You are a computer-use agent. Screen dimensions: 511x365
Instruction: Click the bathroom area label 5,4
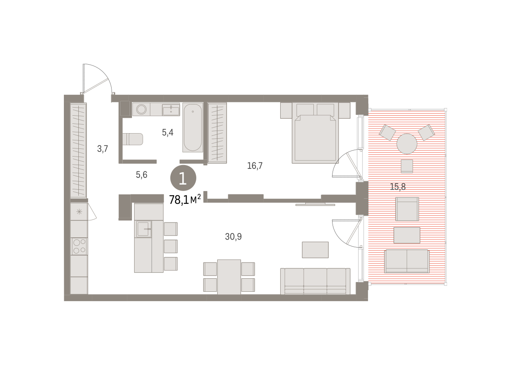(168, 132)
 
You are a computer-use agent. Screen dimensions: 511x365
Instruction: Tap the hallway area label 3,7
(103, 149)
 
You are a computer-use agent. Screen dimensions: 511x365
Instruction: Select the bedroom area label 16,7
(255, 165)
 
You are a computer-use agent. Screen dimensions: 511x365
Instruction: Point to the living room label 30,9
(233, 237)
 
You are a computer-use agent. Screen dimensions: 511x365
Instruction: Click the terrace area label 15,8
(398, 187)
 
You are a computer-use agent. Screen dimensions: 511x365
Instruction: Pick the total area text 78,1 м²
(185, 200)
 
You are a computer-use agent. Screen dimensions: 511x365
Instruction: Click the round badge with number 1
(183, 178)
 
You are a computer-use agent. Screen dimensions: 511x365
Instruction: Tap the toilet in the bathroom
(133, 139)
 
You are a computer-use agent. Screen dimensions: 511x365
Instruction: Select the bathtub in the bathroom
(193, 128)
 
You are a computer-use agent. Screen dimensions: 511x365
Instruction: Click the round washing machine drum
(141, 109)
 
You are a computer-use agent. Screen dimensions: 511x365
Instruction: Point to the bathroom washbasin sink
(171, 110)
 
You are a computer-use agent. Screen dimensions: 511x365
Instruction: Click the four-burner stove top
(79, 246)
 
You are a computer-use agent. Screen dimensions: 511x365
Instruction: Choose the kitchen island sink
(144, 229)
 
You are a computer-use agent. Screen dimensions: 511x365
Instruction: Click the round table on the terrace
(407, 144)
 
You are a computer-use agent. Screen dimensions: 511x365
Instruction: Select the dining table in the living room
(229, 277)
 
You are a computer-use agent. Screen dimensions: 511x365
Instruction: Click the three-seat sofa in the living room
(315, 281)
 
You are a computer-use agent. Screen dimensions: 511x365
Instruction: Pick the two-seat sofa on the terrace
(407, 261)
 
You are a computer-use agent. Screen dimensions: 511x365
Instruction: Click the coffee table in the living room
(315, 250)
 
